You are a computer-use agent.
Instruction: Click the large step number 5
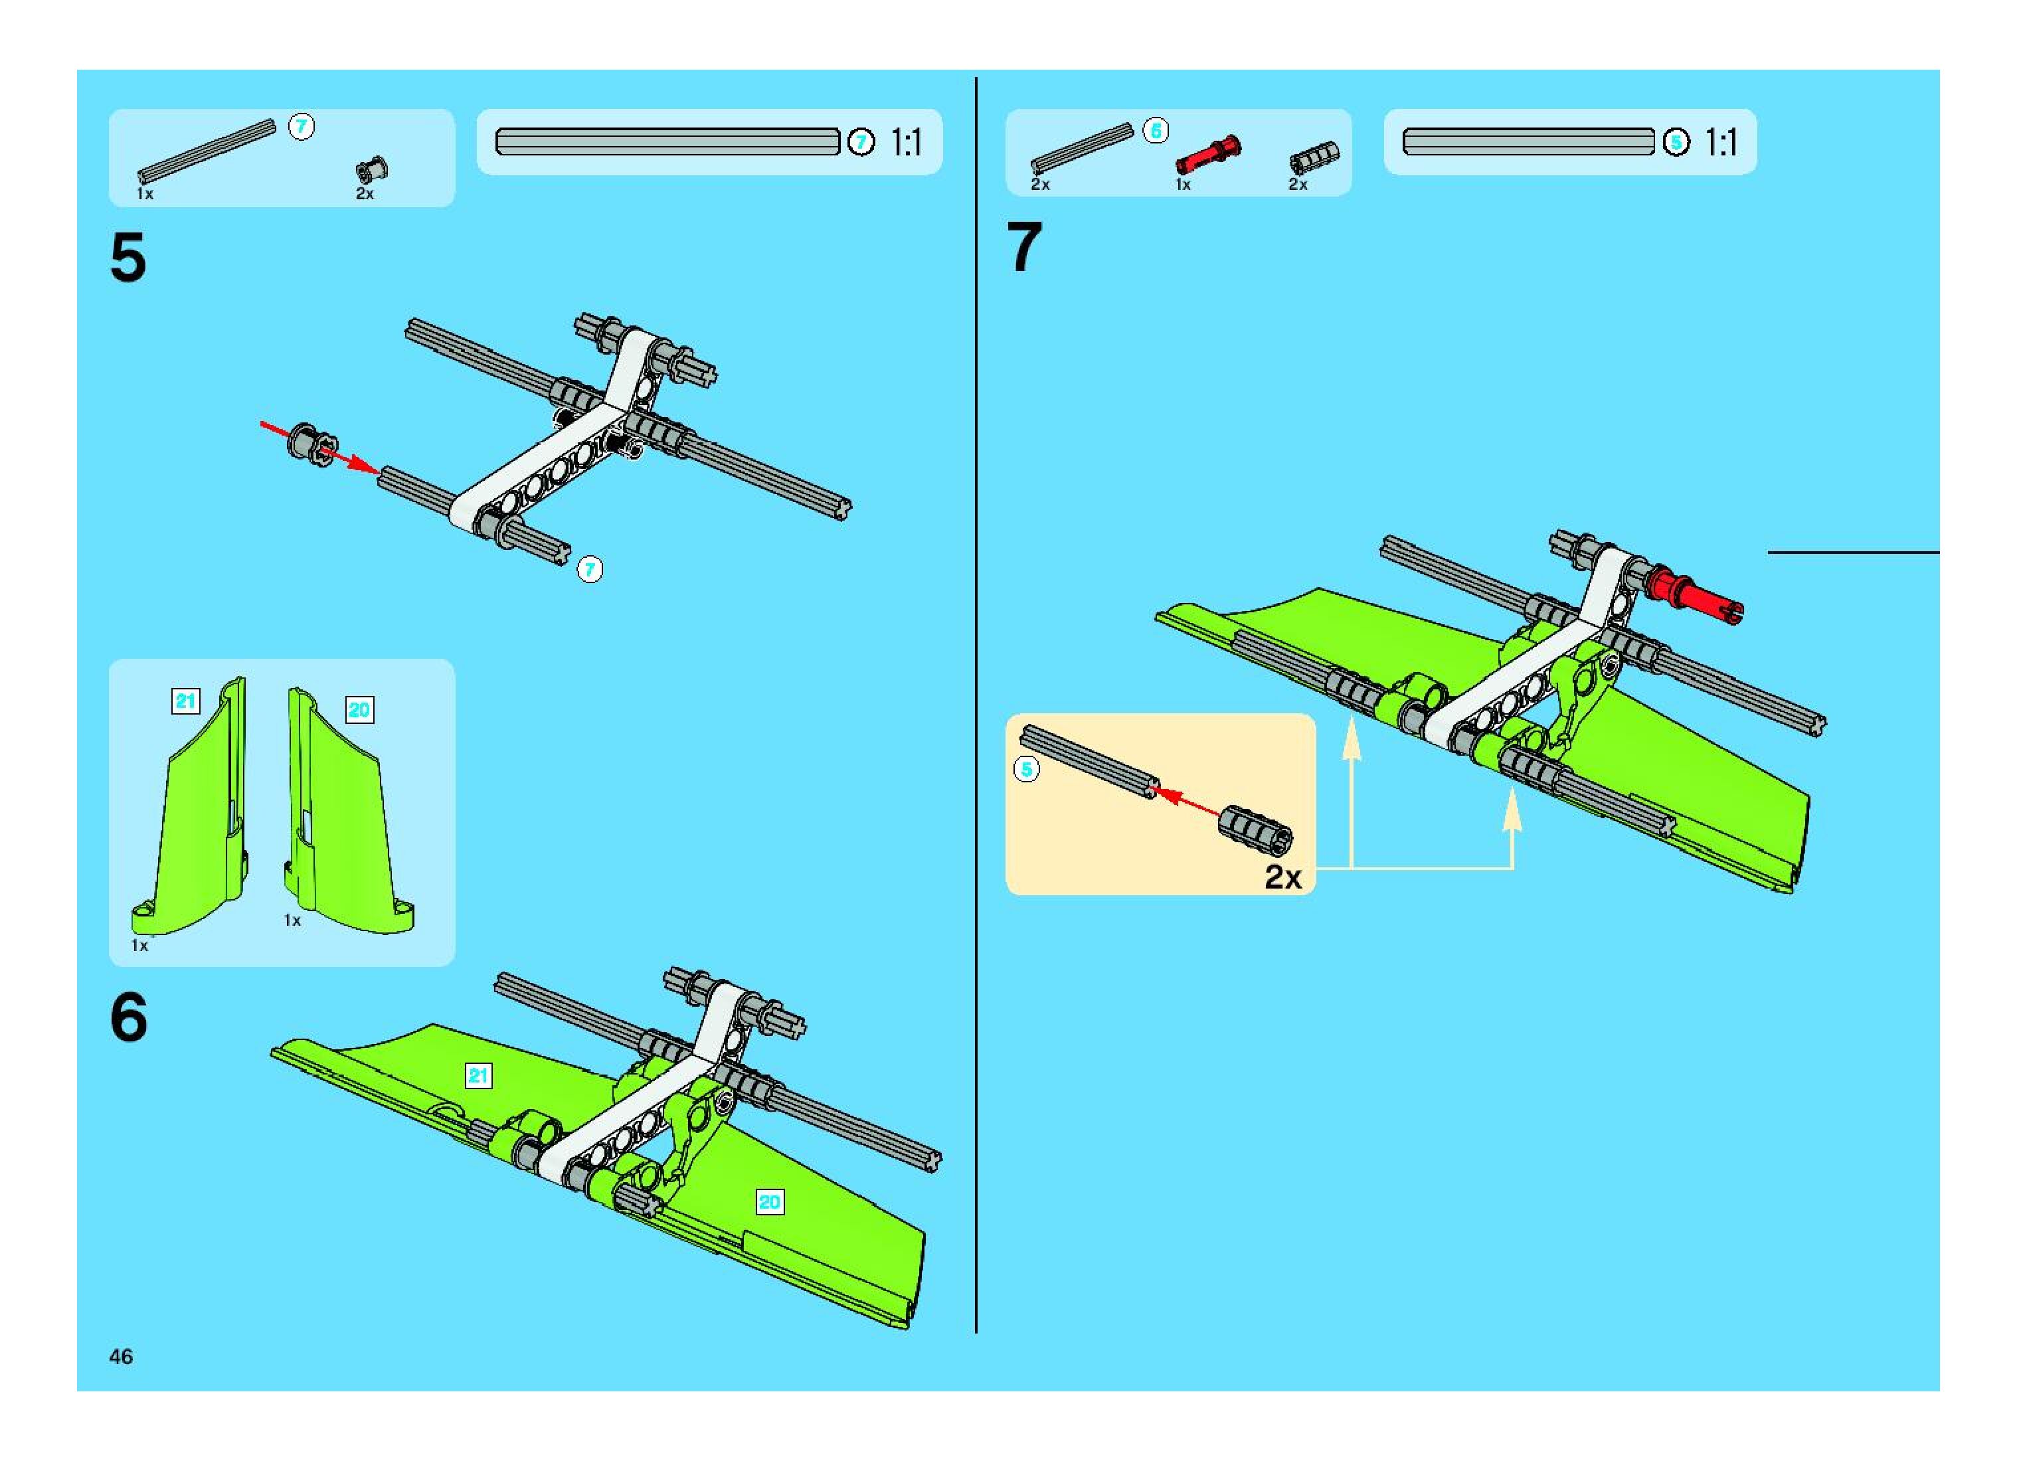pyautogui.click(x=128, y=258)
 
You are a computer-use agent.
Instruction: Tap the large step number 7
pyautogui.click(x=1023, y=247)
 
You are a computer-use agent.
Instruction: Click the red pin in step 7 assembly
pyautogui.click(x=1694, y=595)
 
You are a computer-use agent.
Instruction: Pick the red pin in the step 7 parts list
pyautogui.click(x=1207, y=154)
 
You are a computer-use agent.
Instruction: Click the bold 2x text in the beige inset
pyautogui.click(x=1282, y=877)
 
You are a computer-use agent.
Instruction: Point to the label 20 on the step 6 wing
pyautogui.click(x=768, y=1202)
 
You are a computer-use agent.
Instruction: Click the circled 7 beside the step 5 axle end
pyautogui.click(x=590, y=569)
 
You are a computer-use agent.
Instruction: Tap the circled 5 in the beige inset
pyautogui.click(x=1027, y=768)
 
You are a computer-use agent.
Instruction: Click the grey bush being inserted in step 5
pyautogui.click(x=312, y=443)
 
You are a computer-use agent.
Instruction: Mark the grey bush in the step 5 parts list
pyautogui.click(x=371, y=169)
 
